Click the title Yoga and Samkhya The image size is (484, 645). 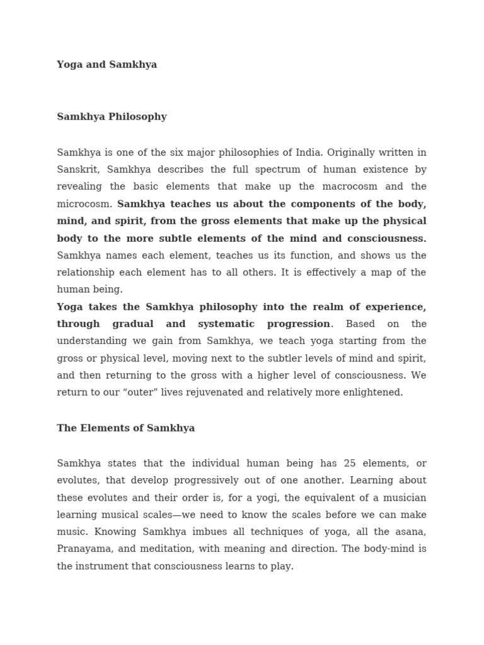[x=107, y=64]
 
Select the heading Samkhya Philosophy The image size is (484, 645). [x=112, y=117]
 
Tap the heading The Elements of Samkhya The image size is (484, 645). [x=125, y=428]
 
